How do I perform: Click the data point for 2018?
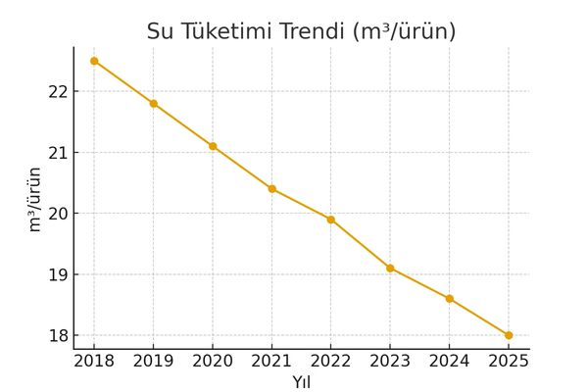pos(94,61)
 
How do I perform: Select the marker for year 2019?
pos(154,103)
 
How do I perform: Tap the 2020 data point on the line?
pos(213,146)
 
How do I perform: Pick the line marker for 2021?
pos(271,188)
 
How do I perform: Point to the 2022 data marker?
pos(331,220)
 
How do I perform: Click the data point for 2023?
pos(390,268)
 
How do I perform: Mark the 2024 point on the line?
pos(449,299)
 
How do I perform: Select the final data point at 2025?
pos(509,335)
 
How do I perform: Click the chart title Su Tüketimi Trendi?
pos(301,31)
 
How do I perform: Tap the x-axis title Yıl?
pos(301,381)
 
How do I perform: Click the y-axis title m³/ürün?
pos(34,199)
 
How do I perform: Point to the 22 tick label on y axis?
pos(57,91)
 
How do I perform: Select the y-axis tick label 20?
pos(57,214)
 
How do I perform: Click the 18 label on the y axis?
pos(57,335)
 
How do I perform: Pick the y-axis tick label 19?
pos(57,274)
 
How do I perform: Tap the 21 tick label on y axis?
pos(57,153)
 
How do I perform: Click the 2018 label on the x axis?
pos(94,361)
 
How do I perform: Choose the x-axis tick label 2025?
pos(509,361)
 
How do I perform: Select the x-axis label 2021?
pos(271,361)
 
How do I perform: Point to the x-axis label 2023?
pos(390,361)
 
